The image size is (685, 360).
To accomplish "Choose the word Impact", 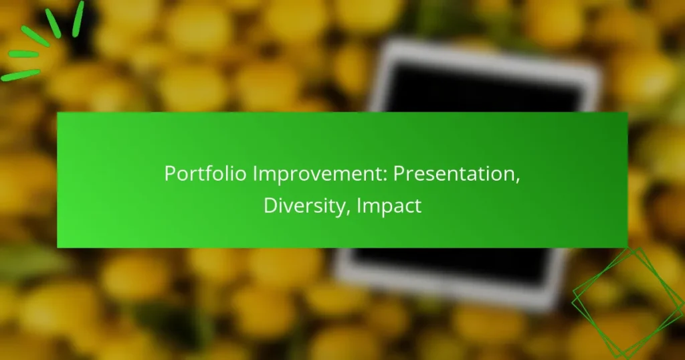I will tap(389, 205).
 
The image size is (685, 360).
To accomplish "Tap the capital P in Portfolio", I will tap(169, 175).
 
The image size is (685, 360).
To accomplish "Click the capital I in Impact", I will tap(359, 205).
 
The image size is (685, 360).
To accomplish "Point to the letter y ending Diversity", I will tap(343, 207).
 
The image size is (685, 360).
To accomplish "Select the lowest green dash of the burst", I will tap(20, 75).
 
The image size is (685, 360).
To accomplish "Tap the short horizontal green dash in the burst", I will tap(23, 54).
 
